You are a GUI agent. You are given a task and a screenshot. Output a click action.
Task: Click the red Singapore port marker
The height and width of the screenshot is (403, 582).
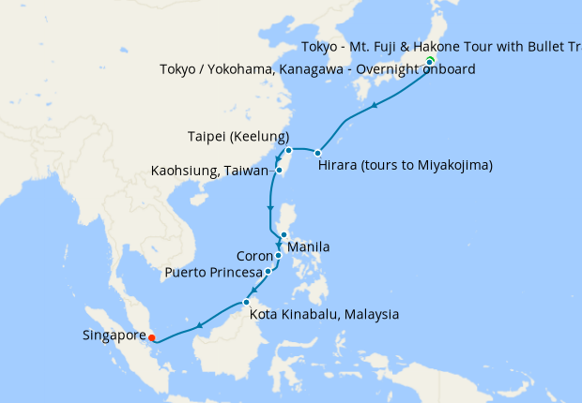(x=151, y=337)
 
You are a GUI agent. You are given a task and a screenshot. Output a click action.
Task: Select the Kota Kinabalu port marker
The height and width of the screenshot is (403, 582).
(x=246, y=302)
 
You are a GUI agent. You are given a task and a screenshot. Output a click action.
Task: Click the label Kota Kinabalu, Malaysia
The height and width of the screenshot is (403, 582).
(x=325, y=314)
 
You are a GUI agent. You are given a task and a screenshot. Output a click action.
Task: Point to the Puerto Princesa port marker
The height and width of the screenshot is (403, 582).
(x=269, y=272)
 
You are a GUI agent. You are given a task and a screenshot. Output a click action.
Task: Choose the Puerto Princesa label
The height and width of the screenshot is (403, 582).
(x=215, y=273)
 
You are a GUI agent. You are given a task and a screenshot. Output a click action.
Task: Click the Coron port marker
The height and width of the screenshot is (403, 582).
(x=279, y=255)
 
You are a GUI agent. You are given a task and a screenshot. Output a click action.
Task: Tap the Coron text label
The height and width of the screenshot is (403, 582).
(x=253, y=255)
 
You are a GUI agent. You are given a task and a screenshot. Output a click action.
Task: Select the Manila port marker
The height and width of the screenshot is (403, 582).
(x=283, y=235)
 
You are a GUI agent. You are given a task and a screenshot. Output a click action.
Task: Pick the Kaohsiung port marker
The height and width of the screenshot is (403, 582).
(x=280, y=171)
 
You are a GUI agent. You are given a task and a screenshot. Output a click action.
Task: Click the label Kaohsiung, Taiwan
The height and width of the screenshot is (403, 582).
(x=211, y=172)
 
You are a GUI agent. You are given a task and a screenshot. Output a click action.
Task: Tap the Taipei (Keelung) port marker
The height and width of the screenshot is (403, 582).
(x=289, y=151)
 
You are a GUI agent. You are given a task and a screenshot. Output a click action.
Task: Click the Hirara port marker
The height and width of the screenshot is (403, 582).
(x=318, y=153)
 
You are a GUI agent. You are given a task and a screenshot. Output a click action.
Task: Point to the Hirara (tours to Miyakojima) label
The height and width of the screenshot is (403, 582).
(x=406, y=165)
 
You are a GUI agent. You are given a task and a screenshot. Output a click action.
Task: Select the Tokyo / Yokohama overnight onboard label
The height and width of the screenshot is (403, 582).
(x=317, y=69)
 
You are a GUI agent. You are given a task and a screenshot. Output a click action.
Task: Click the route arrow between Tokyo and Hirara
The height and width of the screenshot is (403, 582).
(x=375, y=104)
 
